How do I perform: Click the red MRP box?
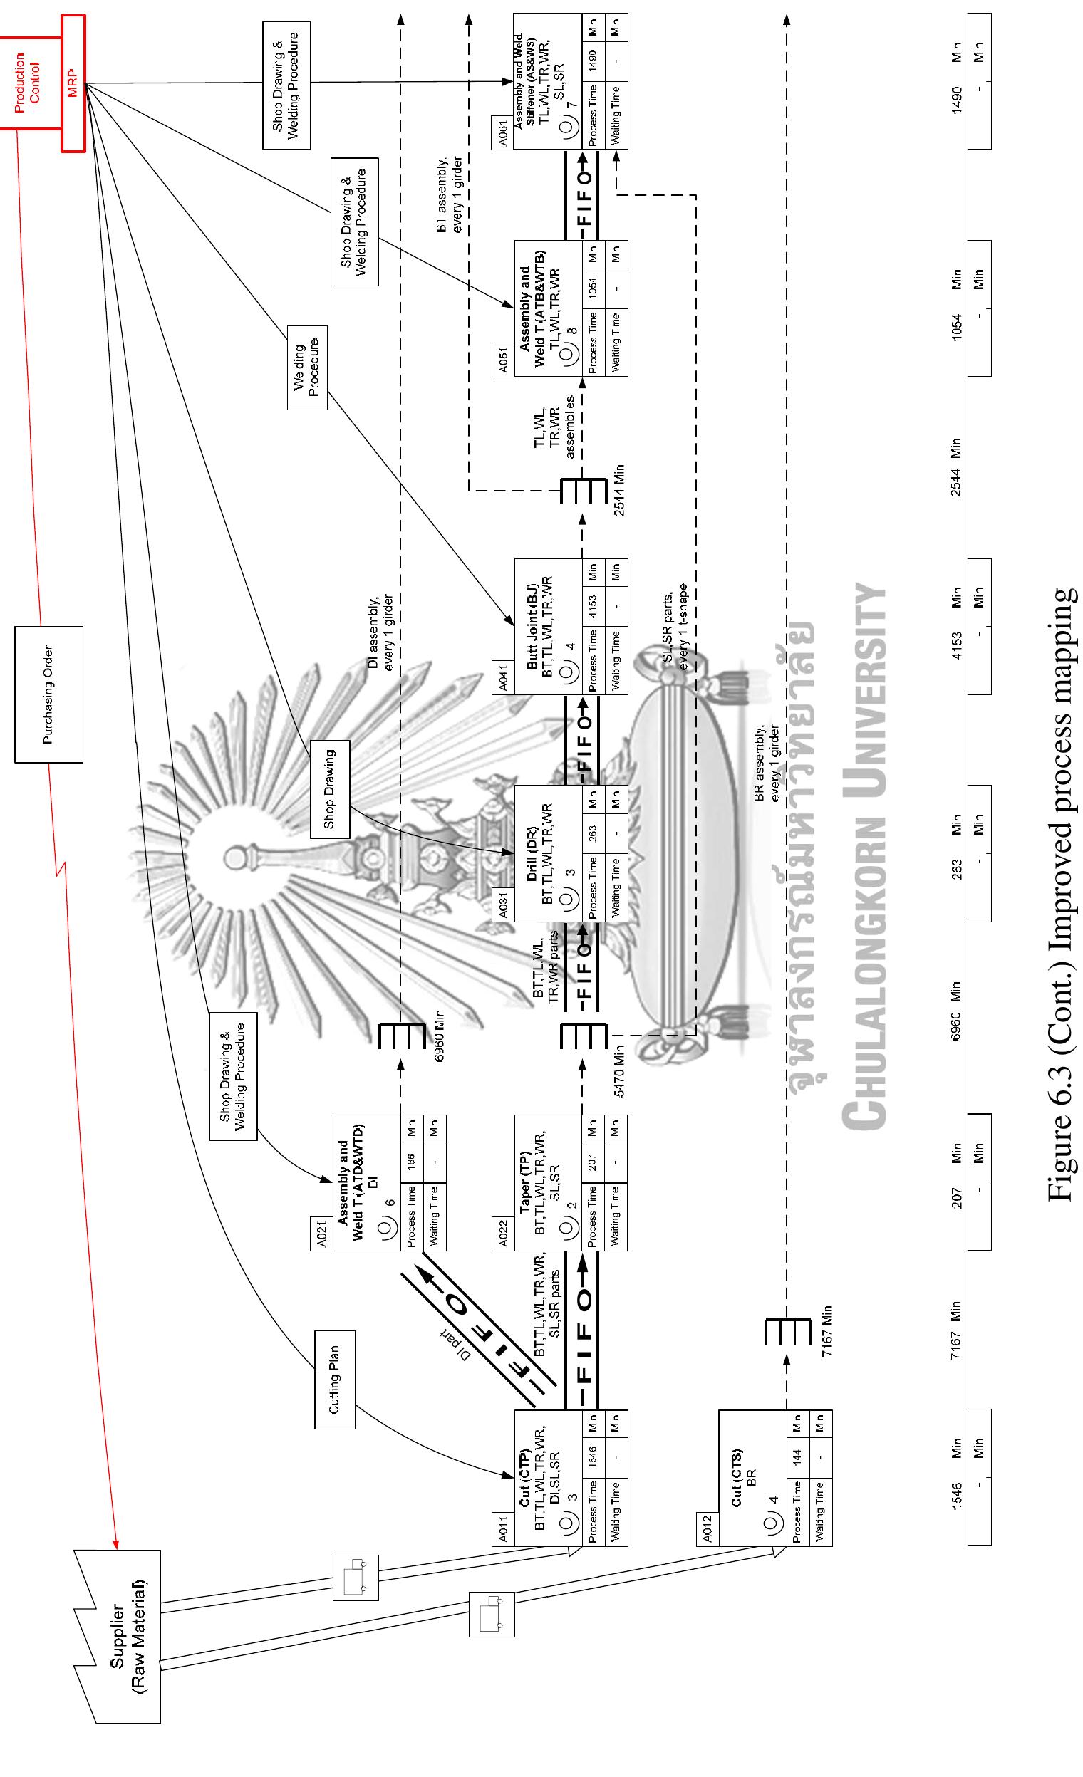click(73, 83)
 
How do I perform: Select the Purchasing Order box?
click(49, 694)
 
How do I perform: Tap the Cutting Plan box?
click(335, 1378)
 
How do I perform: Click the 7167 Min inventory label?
click(827, 1331)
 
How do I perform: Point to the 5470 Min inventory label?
click(619, 1072)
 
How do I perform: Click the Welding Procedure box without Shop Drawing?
click(307, 368)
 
